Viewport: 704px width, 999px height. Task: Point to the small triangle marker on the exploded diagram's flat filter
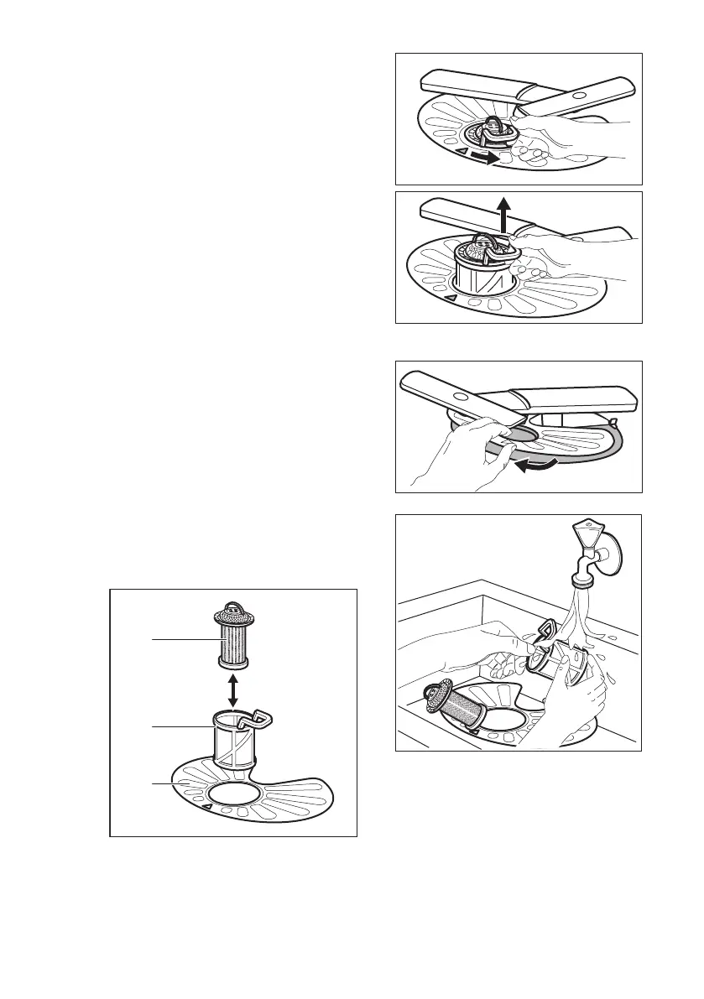click(x=206, y=807)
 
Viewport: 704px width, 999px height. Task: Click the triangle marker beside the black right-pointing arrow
click(x=441, y=150)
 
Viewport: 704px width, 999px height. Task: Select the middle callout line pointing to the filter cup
click(x=176, y=727)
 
